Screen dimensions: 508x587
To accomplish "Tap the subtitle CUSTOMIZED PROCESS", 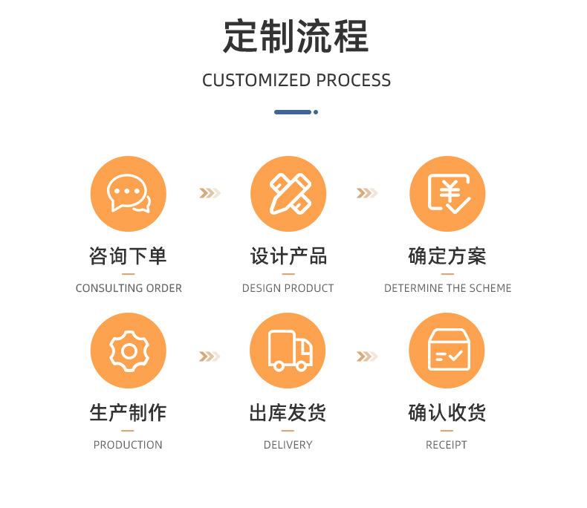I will (296, 80).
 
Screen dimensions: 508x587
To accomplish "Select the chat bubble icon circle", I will (129, 194).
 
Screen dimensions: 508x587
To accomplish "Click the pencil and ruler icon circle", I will (288, 194).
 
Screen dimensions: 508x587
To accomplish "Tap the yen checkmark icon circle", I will (447, 194).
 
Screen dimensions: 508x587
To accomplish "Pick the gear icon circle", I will (129, 351).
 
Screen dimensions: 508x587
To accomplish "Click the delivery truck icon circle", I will (288, 351).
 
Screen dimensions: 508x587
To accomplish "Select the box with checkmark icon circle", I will (447, 351).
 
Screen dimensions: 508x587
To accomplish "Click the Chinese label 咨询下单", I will (129, 257).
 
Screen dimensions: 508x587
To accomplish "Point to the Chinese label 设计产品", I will (288, 257).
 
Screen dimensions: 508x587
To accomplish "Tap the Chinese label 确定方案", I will (447, 257).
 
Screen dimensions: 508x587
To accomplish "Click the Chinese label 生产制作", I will (129, 413).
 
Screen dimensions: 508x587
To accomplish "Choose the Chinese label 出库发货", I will (288, 413).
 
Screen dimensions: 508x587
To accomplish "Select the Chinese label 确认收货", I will (447, 413).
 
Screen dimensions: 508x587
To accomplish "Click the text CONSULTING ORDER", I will (129, 288).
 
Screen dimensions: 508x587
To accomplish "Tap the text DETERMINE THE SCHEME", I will (447, 288).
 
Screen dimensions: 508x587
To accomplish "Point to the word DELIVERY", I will (288, 445).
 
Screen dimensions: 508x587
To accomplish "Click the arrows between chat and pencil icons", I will (210, 194).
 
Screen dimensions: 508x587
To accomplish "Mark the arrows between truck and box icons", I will (367, 357).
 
